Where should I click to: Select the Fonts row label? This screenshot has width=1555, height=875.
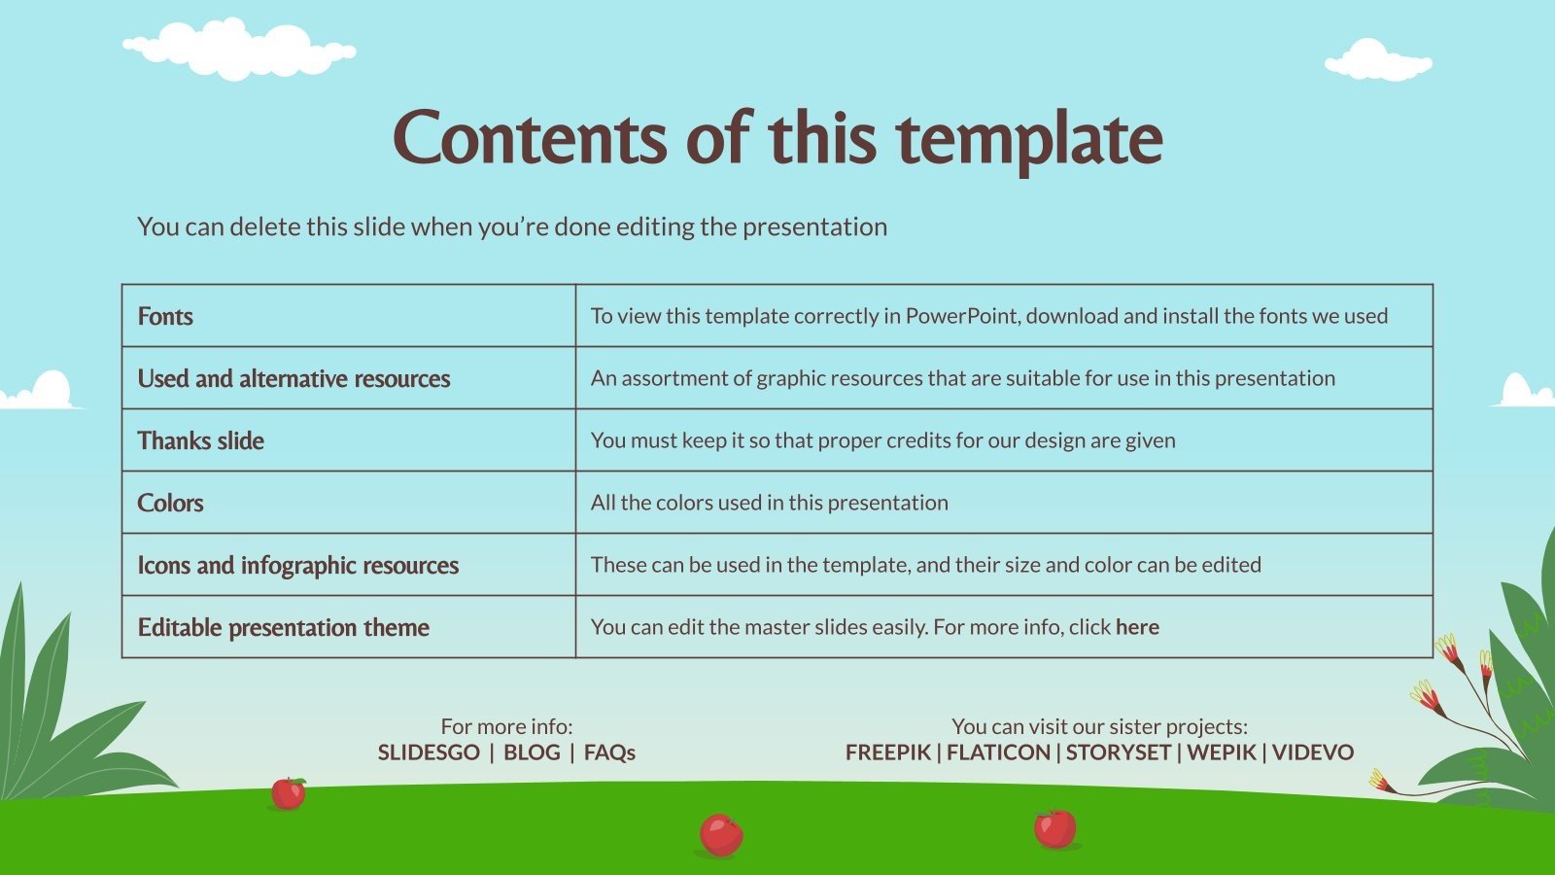[x=165, y=316]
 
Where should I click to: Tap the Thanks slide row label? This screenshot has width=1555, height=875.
[x=201, y=440]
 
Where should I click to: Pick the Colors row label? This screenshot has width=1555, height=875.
[x=171, y=503]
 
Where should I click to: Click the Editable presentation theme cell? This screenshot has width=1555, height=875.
[x=284, y=627]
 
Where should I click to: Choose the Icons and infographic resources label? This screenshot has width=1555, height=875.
[x=298, y=565]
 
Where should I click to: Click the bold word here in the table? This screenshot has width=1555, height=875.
[x=1137, y=627]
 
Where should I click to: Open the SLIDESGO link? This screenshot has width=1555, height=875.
[x=429, y=752]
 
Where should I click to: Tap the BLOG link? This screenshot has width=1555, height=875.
[x=532, y=752]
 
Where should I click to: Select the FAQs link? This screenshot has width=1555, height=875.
[x=609, y=752]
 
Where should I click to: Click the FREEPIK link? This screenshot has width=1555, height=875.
[x=887, y=752]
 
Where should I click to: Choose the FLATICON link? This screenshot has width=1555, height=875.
[x=998, y=752]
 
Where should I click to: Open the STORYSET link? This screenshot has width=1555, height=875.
[x=1118, y=752]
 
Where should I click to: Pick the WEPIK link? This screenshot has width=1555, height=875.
[x=1221, y=752]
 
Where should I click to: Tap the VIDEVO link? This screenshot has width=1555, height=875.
[x=1312, y=752]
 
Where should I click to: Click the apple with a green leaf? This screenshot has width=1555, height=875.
[x=288, y=793]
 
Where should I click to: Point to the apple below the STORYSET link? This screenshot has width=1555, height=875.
[x=1055, y=828]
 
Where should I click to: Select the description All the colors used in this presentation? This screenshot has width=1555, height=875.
[x=770, y=503]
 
